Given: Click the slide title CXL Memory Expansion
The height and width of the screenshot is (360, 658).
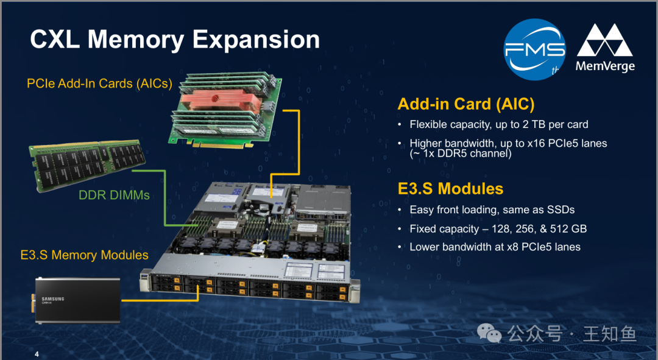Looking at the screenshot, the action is tap(175, 40).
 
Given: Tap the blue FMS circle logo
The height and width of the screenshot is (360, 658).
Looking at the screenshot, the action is tap(534, 49).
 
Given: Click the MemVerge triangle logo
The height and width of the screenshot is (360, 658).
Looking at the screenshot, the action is tap(605, 40).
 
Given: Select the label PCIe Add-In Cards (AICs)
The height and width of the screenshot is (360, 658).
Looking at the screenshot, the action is tap(99, 83).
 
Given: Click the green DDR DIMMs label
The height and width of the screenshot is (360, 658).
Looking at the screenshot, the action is tap(114, 195).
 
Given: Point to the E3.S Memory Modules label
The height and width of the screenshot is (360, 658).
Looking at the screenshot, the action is tap(84, 255).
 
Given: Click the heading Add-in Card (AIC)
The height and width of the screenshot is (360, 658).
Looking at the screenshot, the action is tap(466, 104).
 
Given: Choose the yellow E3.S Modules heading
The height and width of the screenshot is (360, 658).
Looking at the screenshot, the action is tap(450, 189).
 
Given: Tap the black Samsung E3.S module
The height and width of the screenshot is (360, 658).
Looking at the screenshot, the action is tap(77, 300).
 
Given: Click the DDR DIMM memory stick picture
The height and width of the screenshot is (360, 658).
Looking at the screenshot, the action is tap(87, 164).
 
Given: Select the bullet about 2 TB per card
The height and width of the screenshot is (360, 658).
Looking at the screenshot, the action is tap(499, 125).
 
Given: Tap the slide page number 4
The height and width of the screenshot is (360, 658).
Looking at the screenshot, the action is tap(37, 354).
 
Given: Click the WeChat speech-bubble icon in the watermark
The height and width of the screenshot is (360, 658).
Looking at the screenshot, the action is tap(489, 333).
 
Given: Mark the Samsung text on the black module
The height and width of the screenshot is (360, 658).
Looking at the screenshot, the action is tap(53, 298).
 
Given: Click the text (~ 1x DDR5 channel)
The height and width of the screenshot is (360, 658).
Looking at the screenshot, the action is tap(461, 154).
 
